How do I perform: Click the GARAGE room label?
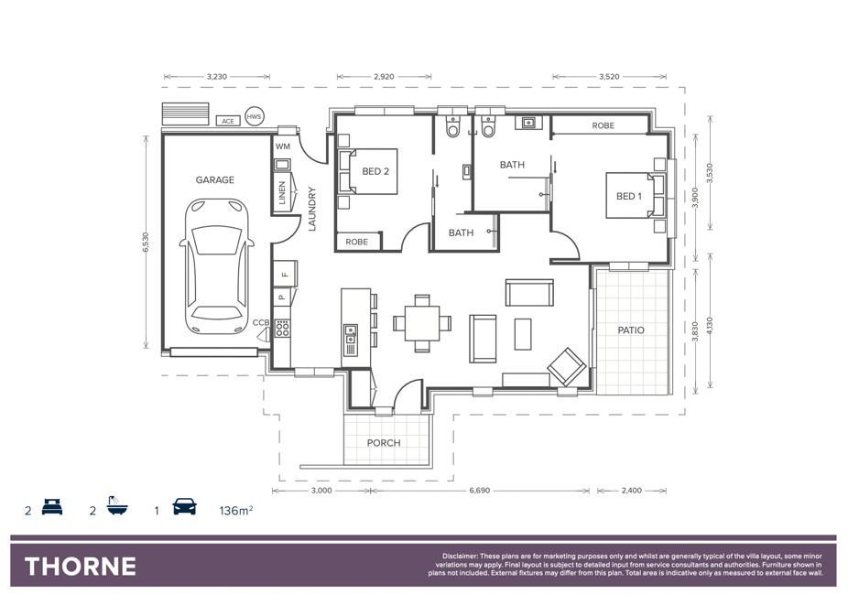[x=214, y=180]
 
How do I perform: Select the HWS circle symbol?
[x=254, y=116]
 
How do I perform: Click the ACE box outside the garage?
[x=228, y=121]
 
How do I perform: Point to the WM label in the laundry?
[x=283, y=146]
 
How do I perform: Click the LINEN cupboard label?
[x=282, y=193]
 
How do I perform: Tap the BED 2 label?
[x=375, y=171]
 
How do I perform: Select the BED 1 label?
[x=629, y=196]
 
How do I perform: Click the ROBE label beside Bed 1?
[x=603, y=125]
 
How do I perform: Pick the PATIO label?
[x=631, y=330]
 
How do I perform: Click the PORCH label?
[x=384, y=443]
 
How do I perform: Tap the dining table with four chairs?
[x=422, y=323]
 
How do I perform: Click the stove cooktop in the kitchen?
[x=282, y=328]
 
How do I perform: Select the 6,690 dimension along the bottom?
[x=479, y=491]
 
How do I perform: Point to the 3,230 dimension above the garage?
[x=217, y=77]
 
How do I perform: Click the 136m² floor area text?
[x=236, y=510]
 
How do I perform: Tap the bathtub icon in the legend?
[x=116, y=505]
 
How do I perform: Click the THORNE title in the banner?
[x=81, y=567]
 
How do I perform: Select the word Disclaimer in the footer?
[x=461, y=556]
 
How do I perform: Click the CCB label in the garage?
[x=261, y=322]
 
